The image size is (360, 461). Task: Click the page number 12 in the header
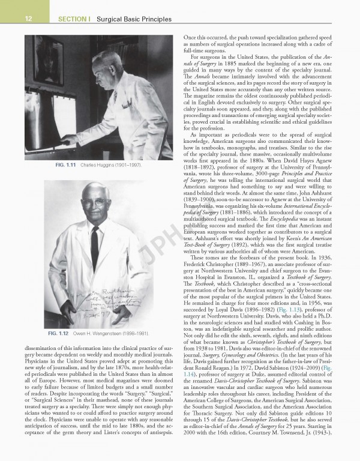[12, 19]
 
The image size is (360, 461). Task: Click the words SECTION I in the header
[74, 19]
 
